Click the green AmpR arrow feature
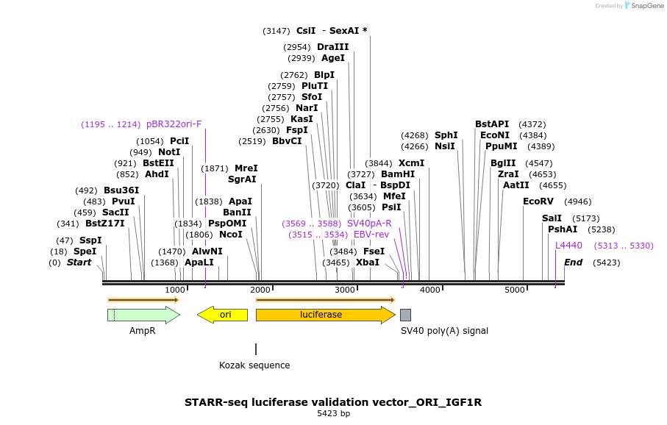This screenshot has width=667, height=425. point(143,315)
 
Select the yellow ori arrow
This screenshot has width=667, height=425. point(222,315)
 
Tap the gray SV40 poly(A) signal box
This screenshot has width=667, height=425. point(405,315)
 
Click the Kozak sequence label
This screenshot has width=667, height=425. point(254,365)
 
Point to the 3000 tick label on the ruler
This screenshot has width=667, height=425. point(346,290)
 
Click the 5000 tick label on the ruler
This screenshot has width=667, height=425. point(515,290)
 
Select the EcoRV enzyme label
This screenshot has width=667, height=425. point(538,201)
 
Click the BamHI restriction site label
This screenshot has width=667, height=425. point(398,174)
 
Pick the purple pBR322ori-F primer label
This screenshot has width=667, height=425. point(174,124)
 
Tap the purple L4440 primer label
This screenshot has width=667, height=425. point(568,246)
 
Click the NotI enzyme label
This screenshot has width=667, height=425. point(169,152)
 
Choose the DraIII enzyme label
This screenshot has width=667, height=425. point(332,47)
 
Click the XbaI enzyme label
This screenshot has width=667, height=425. point(368,262)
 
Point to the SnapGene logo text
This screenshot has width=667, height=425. point(643,6)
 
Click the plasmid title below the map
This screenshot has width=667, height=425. point(333,402)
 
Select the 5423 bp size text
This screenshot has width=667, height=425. point(333,414)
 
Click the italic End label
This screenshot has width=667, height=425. point(573,262)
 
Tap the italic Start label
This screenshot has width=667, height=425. point(79,262)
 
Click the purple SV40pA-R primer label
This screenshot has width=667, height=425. point(369,224)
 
